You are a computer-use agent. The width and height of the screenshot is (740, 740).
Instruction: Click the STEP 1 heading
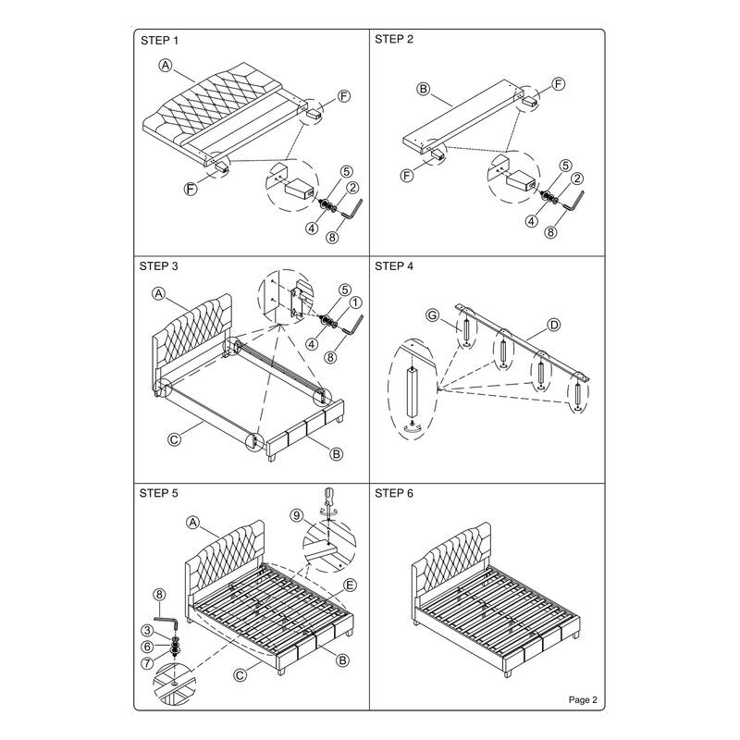pos(159,41)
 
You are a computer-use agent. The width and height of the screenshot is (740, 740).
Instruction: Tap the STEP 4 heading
pos(394,266)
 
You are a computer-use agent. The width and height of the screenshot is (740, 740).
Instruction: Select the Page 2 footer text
pos(583,699)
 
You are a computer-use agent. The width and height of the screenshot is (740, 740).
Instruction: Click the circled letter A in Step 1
pos(166,65)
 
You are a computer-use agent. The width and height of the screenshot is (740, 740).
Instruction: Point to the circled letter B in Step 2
pos(424,88)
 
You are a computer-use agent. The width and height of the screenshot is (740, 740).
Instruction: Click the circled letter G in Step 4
pos(432,315)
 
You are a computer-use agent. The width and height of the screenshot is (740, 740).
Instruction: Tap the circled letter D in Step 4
pos(553,325)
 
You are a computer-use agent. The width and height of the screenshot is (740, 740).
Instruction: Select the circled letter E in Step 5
pos(350,586)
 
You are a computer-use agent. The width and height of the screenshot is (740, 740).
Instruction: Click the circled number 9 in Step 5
pos(296,515)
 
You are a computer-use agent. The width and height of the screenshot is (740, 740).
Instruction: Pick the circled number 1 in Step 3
pos(355,302)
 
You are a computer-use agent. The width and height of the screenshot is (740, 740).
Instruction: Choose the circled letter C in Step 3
pos(174,439)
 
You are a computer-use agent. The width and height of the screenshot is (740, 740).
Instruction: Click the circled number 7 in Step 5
pos(148,663)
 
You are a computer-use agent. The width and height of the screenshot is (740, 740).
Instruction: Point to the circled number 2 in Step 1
pos(353,188)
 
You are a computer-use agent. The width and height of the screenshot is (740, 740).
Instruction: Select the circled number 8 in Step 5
pos(159,595)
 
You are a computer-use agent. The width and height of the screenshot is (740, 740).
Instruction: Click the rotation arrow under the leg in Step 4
pos(413,427)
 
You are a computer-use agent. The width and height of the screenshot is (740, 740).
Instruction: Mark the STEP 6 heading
pos(394,493)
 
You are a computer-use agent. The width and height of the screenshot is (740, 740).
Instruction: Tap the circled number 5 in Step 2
pos(565,166)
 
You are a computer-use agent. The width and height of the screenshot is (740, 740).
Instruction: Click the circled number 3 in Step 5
pos(148,631)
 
